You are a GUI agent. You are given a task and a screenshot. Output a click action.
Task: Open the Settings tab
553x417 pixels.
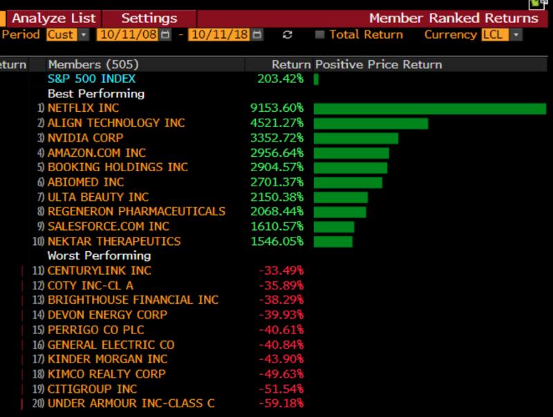[x=149, y=19]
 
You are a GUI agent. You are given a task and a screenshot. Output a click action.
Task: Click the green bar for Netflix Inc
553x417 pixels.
[x=429, y=108]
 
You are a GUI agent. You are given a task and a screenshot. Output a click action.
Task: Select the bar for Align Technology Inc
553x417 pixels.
[x=371, y=123]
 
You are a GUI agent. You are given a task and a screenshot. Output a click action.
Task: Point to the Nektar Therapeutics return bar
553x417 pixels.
[x=333, y=242]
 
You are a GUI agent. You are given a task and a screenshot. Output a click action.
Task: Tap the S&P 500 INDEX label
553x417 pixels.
[x=91, y=79]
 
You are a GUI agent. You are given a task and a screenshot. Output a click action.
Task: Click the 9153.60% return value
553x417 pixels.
[x=276, y=108]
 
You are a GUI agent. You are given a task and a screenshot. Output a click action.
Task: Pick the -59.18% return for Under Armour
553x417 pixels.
[x=281, y=403]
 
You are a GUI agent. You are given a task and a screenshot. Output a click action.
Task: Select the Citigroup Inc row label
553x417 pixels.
[x=92, y=389]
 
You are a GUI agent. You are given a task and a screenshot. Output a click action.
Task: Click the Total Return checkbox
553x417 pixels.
[x=319, y=35]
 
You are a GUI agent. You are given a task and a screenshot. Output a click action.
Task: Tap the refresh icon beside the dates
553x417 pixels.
[x=288, y=35]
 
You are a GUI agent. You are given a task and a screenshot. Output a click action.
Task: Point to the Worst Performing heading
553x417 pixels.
[x=99, y=256]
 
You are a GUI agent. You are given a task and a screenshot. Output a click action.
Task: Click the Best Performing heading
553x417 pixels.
[x=95, y=93]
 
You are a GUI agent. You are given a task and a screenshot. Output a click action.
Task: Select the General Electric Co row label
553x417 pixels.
[x=111, y=345]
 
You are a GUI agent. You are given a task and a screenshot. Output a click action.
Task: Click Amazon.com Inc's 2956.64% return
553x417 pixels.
[x=276, y=153]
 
